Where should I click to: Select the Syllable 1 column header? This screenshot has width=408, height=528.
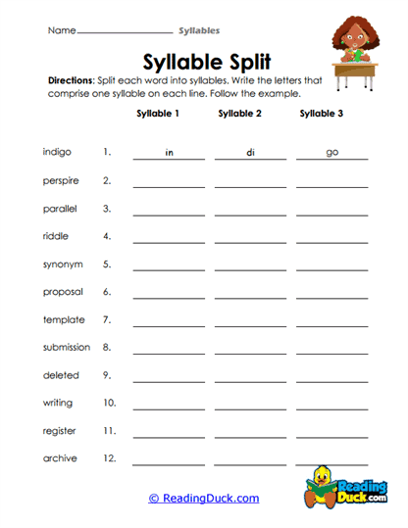tap(158, 114)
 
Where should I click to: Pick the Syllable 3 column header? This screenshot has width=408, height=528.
tap(322, 114)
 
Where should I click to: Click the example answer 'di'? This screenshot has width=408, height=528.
tap(250, 153)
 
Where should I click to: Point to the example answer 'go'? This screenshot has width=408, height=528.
tap(331, 153)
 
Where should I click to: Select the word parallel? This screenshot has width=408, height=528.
tap(61, 209)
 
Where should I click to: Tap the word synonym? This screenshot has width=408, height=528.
tap(63, 264)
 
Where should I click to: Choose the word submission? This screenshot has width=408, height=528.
tap(67, 347)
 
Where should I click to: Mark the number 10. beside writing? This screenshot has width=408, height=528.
tap(109, 403)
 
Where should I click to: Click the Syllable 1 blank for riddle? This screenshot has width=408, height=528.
tap(169, 240)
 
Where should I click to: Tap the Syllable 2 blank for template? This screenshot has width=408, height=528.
tap(250, 324)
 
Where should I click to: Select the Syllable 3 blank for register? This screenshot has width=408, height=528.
tap(331, 436)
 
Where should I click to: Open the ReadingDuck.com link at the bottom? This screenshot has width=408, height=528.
tap(204, 499)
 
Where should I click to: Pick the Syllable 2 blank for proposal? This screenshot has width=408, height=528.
tap(250, 296)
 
